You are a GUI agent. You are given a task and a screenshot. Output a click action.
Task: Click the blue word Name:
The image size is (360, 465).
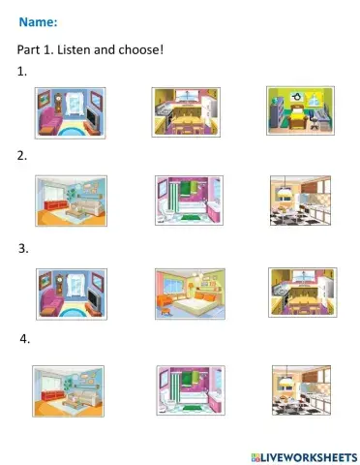pos(38,22)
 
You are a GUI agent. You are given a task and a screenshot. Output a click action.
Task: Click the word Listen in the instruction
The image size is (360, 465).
pos(75,49)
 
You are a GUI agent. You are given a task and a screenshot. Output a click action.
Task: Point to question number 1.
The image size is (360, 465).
pos(21,72)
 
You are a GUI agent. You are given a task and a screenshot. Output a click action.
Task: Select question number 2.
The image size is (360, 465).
pos(22,156)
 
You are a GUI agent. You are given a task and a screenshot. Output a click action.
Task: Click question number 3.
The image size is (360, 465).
pos(23,249)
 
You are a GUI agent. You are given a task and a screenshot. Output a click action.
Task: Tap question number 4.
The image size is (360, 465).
pos(25,339)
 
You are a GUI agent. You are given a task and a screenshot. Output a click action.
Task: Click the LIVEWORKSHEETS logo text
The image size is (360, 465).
pos(304,457)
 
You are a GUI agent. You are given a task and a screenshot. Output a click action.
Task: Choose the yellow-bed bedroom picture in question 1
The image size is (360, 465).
pos(300,110)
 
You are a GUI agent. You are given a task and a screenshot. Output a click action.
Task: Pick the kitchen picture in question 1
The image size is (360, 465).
pos(186,112)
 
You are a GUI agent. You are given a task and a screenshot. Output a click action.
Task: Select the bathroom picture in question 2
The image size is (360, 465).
pos(189,201)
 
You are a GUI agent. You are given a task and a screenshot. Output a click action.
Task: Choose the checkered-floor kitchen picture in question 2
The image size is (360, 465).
pos(300,201)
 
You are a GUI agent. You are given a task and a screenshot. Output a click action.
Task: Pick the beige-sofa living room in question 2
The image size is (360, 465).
pos(71,201)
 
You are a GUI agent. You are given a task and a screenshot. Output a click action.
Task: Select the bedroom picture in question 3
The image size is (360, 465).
pos(190,294)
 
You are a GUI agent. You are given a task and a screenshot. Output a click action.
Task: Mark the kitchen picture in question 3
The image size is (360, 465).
pos(303,293)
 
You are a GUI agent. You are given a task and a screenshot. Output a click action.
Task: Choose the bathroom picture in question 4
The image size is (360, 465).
pos(191,390)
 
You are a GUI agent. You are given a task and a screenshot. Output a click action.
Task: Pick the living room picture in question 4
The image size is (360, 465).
pos(68,391)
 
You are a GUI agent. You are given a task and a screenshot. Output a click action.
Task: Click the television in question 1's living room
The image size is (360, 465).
pos(94,118)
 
